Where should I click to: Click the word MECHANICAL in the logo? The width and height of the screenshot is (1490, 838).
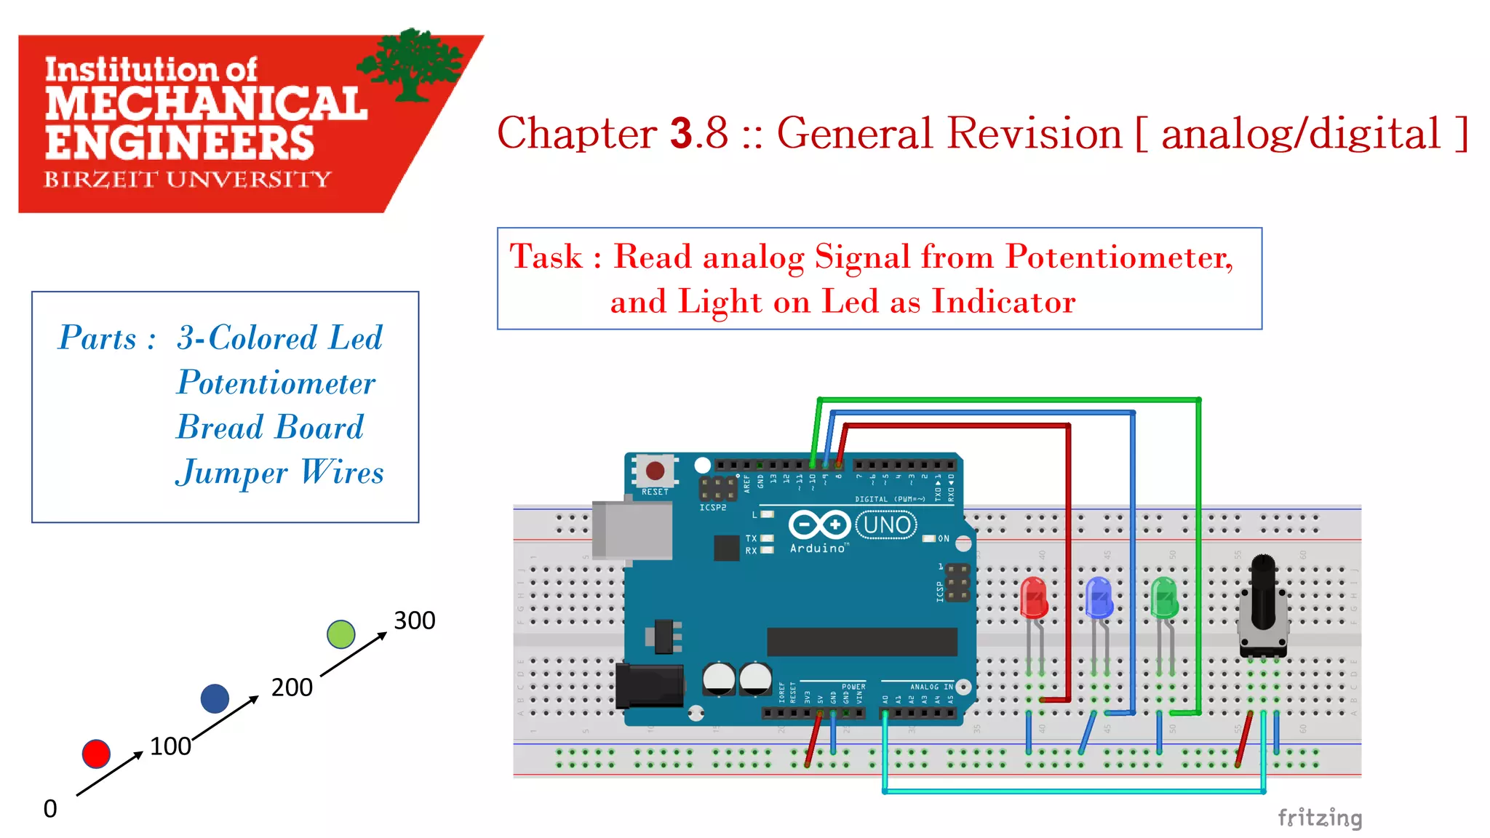point(206,104)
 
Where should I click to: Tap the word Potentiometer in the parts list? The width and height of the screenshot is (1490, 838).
point(276,383)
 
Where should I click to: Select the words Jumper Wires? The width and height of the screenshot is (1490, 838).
point(279,473)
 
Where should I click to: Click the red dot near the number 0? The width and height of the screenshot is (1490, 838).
point(96,754)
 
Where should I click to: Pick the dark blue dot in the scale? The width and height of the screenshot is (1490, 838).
point(215,698)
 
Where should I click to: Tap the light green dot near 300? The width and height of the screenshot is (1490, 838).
point(340,634)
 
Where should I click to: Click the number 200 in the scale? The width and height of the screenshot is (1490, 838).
point(292,687)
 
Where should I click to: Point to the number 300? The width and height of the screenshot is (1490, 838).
point(414,620)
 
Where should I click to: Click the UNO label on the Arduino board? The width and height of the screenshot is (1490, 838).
point(886,524)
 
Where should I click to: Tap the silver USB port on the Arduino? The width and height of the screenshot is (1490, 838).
point(632,530)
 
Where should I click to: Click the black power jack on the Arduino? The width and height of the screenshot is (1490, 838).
point(649,686)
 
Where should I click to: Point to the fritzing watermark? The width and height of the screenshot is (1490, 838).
point(1319,818)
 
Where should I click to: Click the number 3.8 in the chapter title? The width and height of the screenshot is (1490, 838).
point(698,133)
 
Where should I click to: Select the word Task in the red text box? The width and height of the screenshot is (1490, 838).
point(546,257)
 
